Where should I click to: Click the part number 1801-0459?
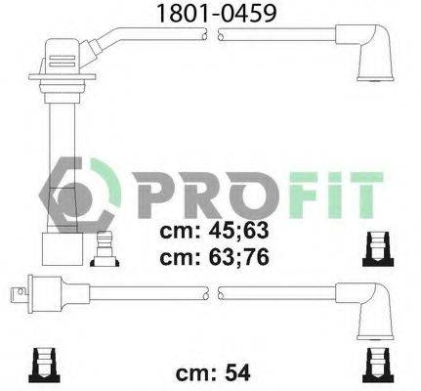210,13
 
